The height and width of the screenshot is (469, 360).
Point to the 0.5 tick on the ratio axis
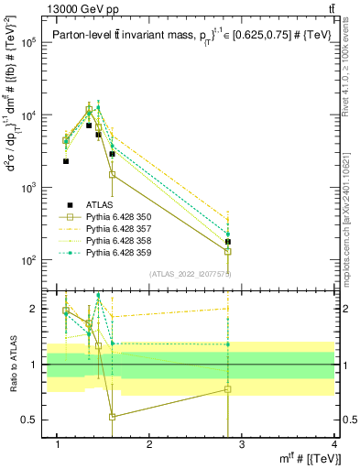click(27, 420)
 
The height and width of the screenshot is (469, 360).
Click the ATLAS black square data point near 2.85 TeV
click(228, 242)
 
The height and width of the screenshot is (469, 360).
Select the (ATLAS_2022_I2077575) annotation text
click(189, 273)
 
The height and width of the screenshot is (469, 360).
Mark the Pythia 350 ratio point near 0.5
click(112, 417)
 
